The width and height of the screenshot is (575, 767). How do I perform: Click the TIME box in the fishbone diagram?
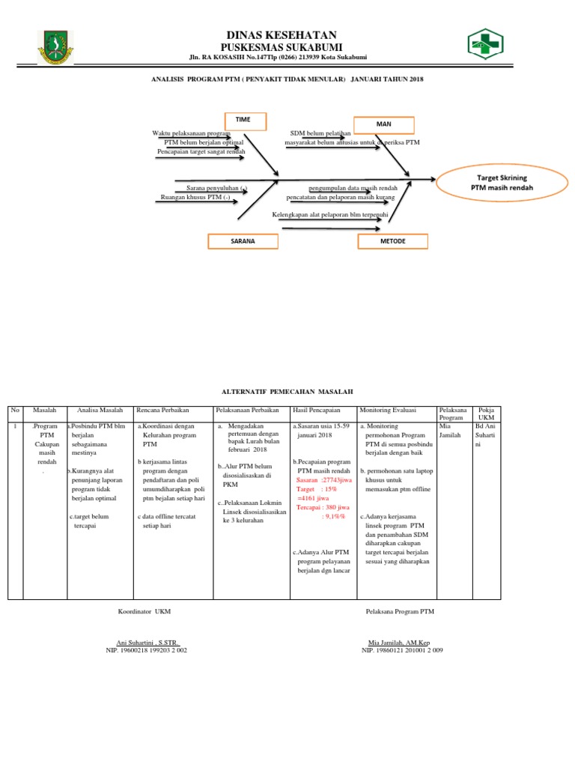[243, 120]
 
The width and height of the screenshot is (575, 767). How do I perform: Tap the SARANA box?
[243, 241]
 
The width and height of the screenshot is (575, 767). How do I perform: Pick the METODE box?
[392, 241]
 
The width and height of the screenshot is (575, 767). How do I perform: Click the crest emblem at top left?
[57, 48]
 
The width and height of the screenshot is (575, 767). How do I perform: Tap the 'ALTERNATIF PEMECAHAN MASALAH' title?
[287, 392]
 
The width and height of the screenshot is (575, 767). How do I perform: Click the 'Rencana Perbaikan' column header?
[162, 410]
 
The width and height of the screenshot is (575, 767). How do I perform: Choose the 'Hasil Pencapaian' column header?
[316, 410]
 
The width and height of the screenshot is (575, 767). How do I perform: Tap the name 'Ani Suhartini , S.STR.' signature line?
[147, 643]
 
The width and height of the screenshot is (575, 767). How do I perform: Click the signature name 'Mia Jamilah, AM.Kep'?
[402, 643]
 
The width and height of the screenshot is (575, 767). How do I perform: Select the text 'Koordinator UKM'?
[144, 612]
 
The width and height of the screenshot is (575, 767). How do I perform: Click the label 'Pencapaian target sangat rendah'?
[201, 151]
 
